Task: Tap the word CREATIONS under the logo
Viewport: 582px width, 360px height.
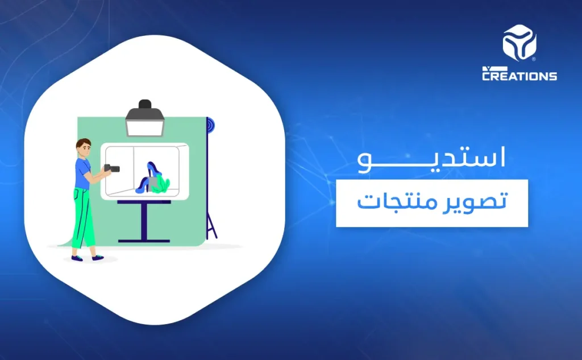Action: tap(519, 76)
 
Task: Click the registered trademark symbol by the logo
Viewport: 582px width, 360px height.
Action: tap(533, 59)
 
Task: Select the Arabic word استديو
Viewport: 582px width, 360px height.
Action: tap(431, 159)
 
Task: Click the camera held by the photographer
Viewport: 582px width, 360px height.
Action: tap(111, 168)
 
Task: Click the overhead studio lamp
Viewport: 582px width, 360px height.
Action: tap(145, 119)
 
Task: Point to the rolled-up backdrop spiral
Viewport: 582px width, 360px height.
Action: tap(210, 126)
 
